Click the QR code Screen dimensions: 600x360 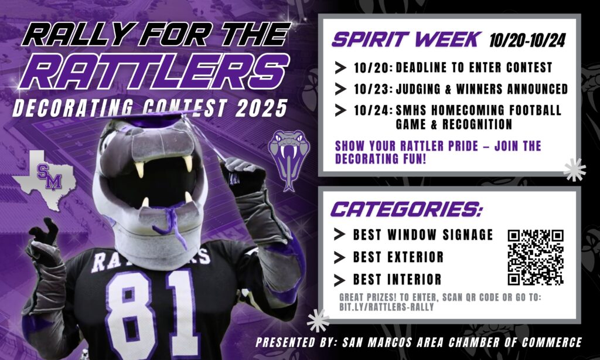pos(536,257)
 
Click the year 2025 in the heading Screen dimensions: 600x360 pos(261,108)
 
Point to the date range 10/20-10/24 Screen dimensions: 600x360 pos(527,40)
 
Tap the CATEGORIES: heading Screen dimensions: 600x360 pos(407,209)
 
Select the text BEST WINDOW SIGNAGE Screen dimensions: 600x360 pos(423,235)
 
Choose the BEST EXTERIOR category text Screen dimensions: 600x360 pos(398,257)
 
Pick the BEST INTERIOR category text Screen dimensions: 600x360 pos(397,280)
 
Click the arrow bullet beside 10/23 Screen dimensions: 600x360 pos(340,89)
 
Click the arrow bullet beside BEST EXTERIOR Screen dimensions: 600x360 pos(339,257)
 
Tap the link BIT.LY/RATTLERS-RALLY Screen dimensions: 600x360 pos(387,307)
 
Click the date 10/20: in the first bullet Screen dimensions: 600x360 pos(373,68)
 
